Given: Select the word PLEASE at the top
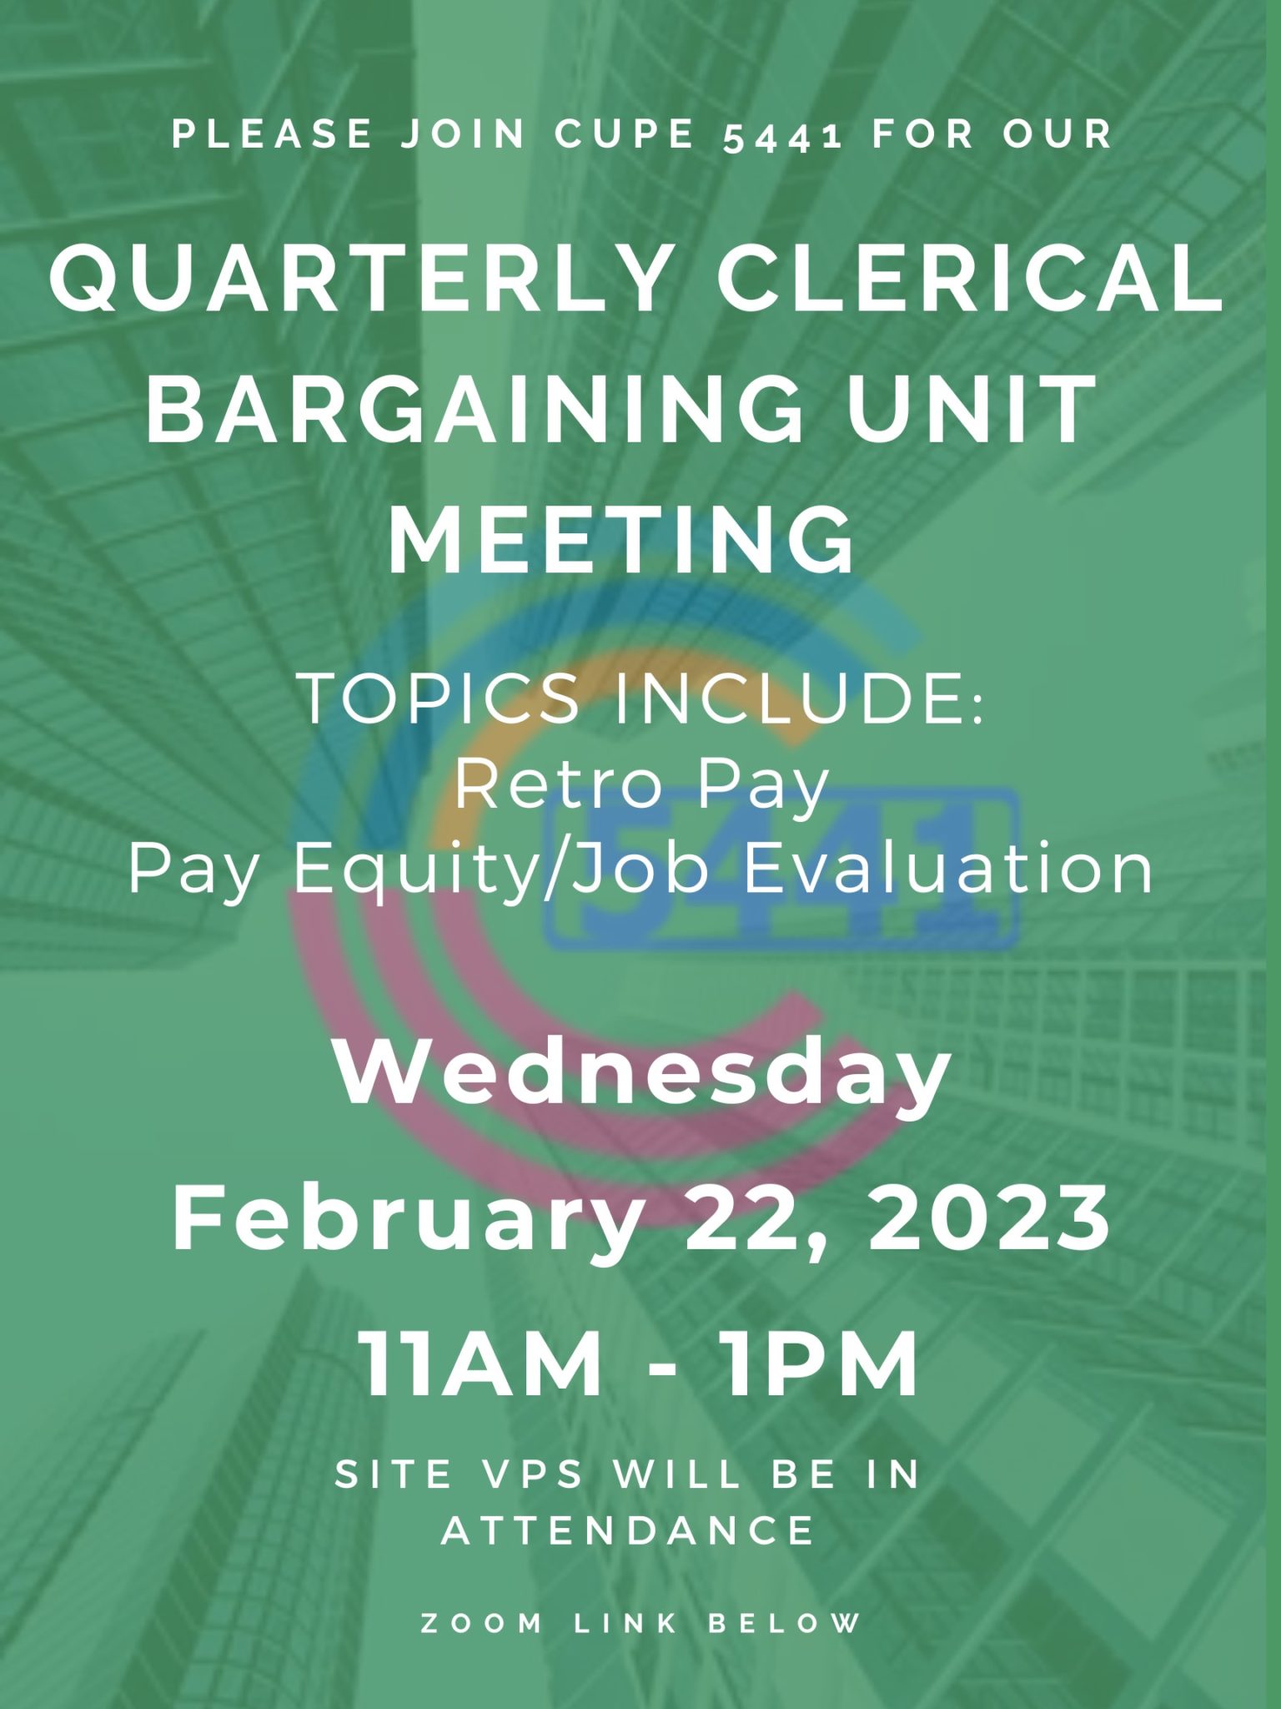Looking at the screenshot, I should (x=272, y=134).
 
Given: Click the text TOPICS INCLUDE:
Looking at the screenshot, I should (x=641, y=698).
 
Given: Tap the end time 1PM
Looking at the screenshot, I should (x=821, y=1364).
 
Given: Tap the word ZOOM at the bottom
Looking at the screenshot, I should (x=481, y=1623).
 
